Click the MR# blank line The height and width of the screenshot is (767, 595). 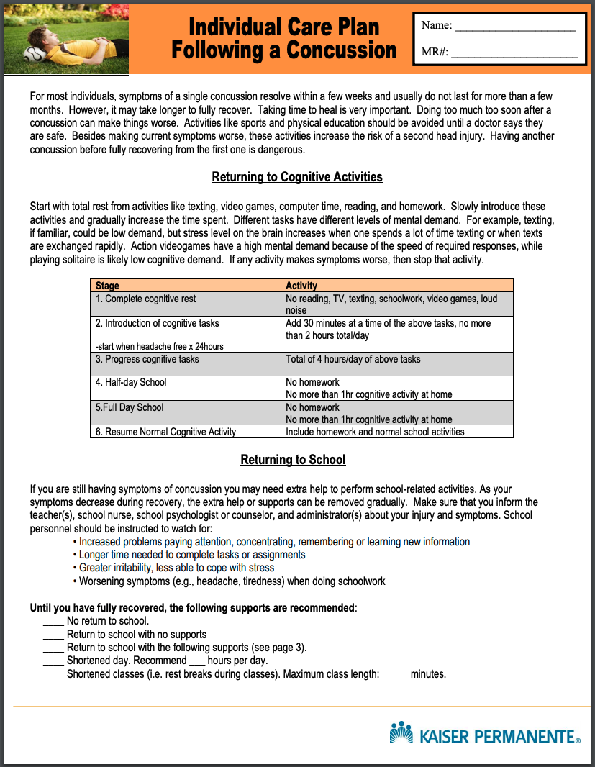[x=514, y=53]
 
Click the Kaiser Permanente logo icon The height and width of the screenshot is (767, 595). [x=401, y=732]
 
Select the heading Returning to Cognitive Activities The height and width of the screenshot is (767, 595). [x=296, y=177]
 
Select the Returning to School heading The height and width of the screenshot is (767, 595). [x=293, y=460]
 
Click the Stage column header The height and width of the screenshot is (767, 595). [x=107, y=286]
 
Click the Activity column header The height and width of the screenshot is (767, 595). [x=301, y=286]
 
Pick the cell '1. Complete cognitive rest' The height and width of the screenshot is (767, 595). [x=146, y=299]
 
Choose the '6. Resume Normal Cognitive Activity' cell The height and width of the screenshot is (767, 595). [x=166, y=432]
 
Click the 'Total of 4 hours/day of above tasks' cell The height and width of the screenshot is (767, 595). [x=353, y=359]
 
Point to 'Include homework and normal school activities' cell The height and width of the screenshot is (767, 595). [x=375, y=432]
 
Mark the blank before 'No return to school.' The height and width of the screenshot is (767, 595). [x=53, y=621]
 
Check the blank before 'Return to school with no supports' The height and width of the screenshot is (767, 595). [x=53, y=635]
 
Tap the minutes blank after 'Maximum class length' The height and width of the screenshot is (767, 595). [x=394, y=675]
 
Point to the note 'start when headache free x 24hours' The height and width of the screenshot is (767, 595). [x=160, y=346]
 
